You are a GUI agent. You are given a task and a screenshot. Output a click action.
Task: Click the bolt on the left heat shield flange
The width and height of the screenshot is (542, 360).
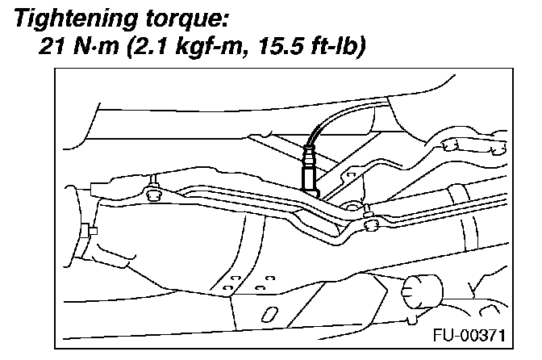(x=152, y=192)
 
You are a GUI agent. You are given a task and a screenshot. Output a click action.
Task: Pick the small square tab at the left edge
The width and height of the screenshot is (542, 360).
(x=93, y=232)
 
